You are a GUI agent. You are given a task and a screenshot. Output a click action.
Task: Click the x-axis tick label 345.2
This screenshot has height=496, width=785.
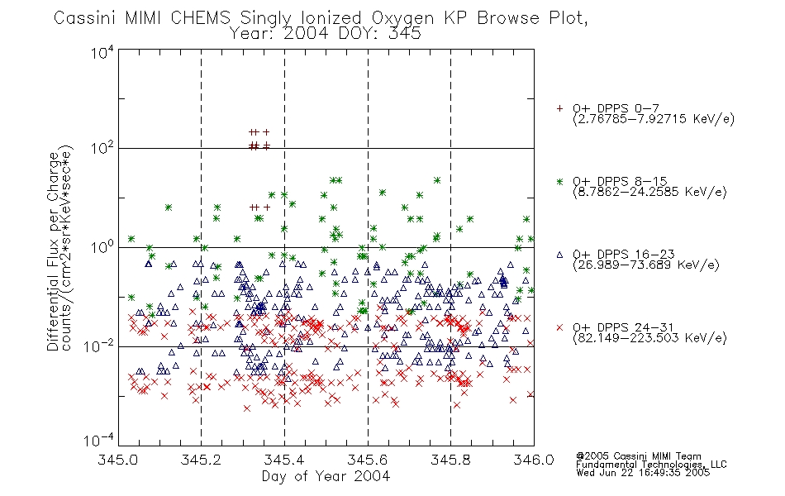click(x=201, y=460)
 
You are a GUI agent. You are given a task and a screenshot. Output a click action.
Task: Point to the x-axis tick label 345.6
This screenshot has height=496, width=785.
click(x=368, y=460)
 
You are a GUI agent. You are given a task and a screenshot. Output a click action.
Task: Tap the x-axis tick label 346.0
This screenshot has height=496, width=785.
click(x=534, y=460)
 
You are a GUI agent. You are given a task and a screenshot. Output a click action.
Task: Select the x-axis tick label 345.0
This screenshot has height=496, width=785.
click(x=118, y=460)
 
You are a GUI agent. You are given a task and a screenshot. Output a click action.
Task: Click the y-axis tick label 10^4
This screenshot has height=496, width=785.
click(x=102, y=53)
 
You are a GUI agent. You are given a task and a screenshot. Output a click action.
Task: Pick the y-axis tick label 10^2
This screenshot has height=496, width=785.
click(x=102, y=148)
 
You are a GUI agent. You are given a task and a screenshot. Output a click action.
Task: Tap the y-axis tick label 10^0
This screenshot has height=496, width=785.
click(x=102, y=247)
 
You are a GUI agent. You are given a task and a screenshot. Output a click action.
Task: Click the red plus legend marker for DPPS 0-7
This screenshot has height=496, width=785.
click(x=559, y=108)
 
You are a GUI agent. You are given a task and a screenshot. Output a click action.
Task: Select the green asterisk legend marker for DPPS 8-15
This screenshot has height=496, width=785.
click(x=559, y=181)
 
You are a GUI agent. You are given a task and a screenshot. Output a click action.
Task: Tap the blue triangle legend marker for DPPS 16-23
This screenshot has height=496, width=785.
click(x=559, y=255)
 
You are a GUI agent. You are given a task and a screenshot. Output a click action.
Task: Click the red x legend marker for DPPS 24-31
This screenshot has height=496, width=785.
click(x=559, y=327)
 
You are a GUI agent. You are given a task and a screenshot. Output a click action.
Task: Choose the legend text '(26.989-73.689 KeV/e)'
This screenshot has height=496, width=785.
click(x=646, y=265)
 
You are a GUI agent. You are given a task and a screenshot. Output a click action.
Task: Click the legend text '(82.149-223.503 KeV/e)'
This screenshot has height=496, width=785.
click(x=649, y=338)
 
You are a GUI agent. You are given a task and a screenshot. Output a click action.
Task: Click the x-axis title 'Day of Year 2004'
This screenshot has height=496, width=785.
click(x=326, y=476)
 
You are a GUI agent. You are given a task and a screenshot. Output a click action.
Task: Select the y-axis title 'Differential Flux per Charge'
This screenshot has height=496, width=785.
click(x=53, y=251)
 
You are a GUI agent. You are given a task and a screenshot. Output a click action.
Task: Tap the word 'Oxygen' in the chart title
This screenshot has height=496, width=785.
click(x=402, y=18)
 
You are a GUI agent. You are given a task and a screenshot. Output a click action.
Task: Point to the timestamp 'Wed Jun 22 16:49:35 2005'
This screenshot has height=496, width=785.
click(x=643, y=473)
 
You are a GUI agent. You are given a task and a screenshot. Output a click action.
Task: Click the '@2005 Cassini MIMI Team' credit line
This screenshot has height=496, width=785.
click(x=638, y=456)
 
